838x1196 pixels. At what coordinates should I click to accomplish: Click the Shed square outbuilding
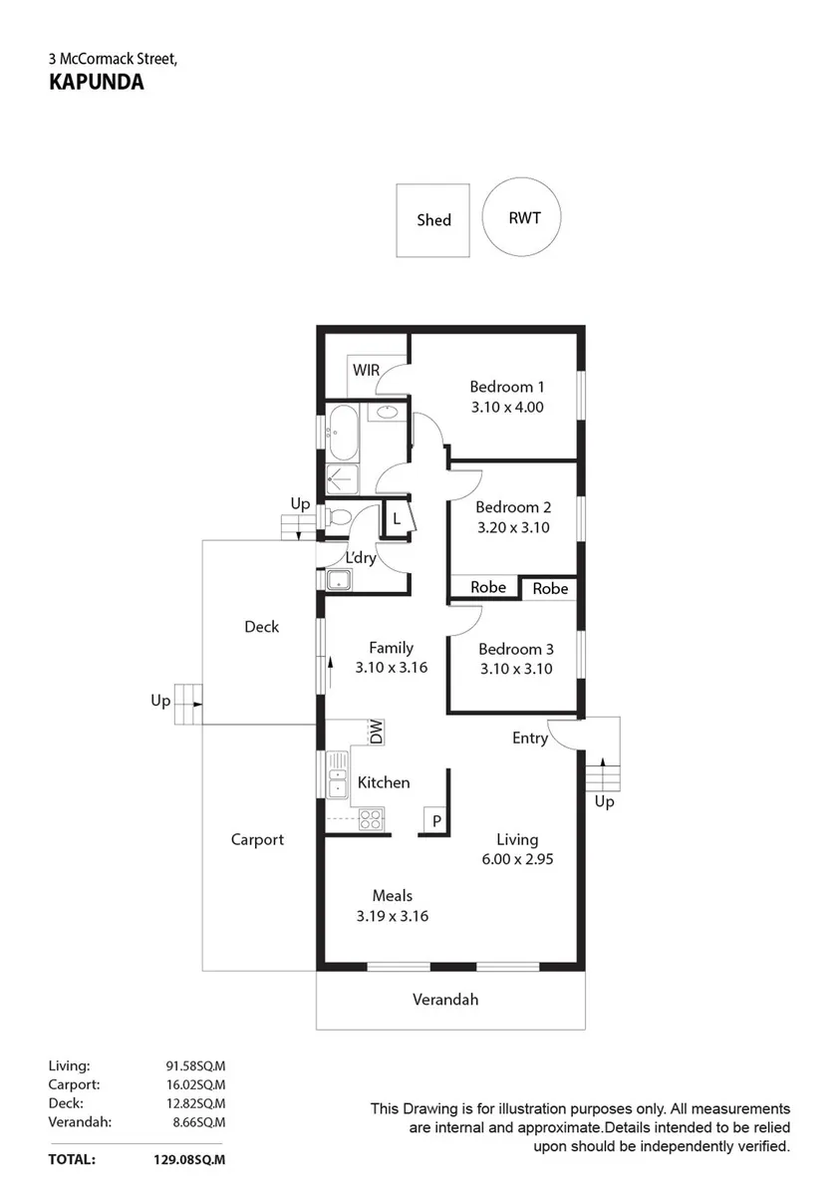[x=432, y=220]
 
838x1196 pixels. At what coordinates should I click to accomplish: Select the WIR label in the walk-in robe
[x=366, y=370]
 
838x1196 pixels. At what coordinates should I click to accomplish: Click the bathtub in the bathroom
[x=342, y=433]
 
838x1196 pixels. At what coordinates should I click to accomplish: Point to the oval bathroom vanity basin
[x=386, y=412]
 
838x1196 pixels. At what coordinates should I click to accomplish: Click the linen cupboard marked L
[x=397, y=518]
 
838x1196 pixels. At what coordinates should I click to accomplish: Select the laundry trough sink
[x=339, y=580]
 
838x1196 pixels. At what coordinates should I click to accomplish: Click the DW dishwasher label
[x=377, y=732]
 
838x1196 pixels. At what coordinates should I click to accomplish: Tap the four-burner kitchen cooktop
[x=371, y=819]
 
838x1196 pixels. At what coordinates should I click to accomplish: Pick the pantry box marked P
[x=435, y=819]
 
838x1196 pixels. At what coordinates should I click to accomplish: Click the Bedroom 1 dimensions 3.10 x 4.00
[x=507, y=407]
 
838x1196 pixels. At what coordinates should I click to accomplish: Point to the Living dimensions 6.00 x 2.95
[x=517, y=859]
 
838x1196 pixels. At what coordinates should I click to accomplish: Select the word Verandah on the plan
[x=445, y=1000]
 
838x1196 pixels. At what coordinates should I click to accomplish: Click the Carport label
[x=257, y=840]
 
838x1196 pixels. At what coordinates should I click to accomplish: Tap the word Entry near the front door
[x=530, y=738]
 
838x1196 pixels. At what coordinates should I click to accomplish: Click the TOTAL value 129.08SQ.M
[x=189, y=1160]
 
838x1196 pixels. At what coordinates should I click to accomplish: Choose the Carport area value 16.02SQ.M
[x=196, y=1084]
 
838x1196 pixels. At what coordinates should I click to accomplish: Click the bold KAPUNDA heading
[x=97, y=82]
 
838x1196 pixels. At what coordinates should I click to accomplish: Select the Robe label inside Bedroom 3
[x=550, y=588]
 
